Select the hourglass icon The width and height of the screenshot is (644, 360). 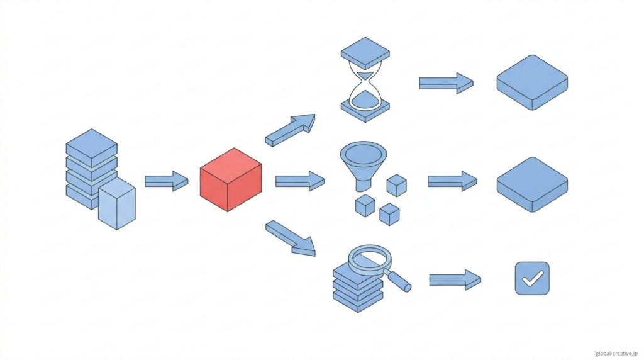tap(364, 79)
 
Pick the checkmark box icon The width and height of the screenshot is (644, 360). tap(531, 278)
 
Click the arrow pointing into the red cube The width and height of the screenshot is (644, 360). tap(166, 181)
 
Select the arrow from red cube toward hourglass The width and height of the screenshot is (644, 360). tap(290, 130)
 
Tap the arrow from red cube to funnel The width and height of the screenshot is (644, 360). tap(300, 181)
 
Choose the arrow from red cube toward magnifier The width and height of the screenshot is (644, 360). tap(290, 238)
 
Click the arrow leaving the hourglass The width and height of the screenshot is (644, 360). tap(446, 83)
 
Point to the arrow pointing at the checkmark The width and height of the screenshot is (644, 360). tap(455, 279)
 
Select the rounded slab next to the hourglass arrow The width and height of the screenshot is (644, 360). tap(532, 82)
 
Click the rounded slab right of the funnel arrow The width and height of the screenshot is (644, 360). tap(532, 184)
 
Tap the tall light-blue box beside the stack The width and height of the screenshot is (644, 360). tap(117, 203)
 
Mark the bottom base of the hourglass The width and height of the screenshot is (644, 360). tap(364, 110)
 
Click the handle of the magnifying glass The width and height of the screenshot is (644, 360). tap(400, 282)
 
